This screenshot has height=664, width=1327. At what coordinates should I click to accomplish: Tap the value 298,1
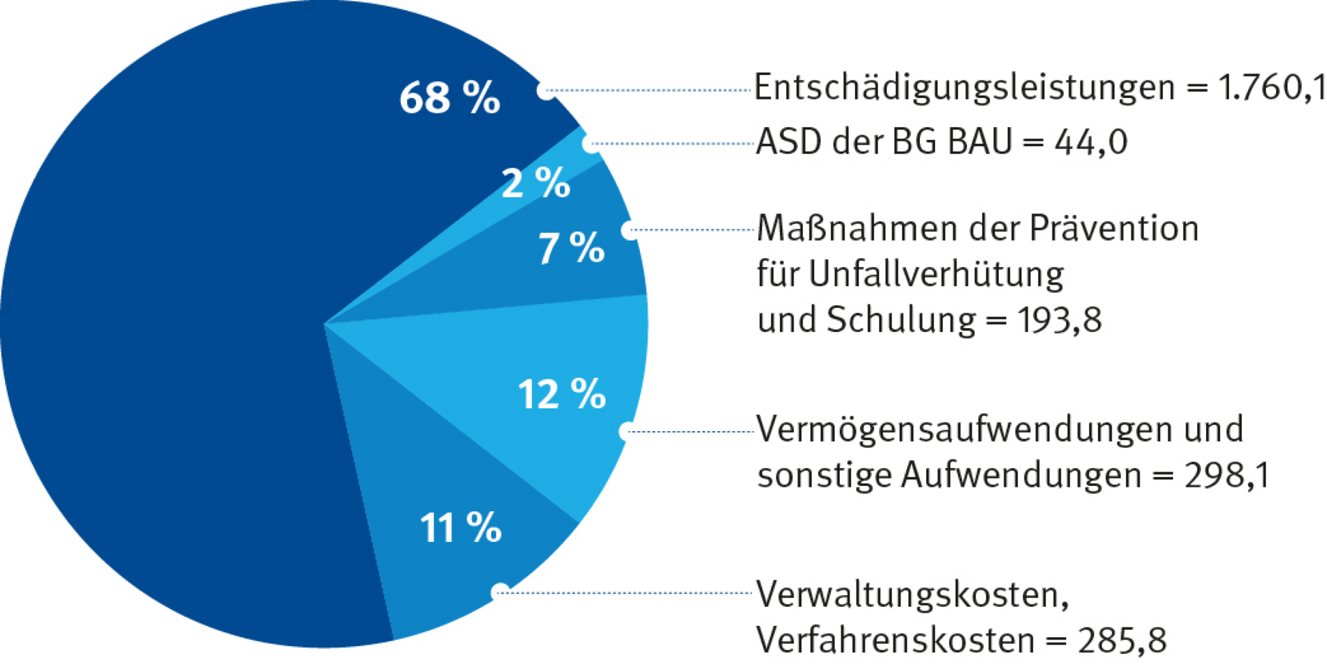click(1227, 475)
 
